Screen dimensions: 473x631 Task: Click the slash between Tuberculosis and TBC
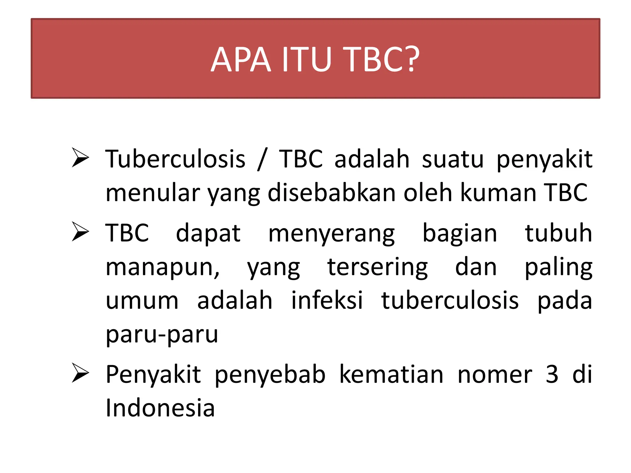pos(262,159)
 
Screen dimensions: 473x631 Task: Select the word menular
pos(153,193)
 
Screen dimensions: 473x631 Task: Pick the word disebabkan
pos(332,193)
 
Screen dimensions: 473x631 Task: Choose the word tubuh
pos(558,233)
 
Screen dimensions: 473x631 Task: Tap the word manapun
pos(162,267)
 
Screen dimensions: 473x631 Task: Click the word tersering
pos(377,267)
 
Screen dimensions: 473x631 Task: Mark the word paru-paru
pos(162,334)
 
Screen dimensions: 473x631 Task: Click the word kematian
pos(391,374)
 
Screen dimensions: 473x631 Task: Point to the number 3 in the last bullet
pos(552,374)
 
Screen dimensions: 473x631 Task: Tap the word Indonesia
pos(160,408)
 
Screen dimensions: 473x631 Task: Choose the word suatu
pos(453,159)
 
